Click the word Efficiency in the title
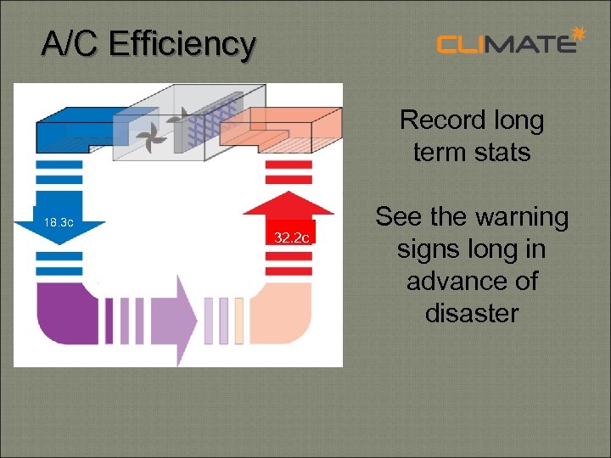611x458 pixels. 182,43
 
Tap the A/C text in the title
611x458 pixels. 72,43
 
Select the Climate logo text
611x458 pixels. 506,43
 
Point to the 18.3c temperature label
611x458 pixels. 59,223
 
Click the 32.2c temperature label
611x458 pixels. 291,237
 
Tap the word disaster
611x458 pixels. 471,313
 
